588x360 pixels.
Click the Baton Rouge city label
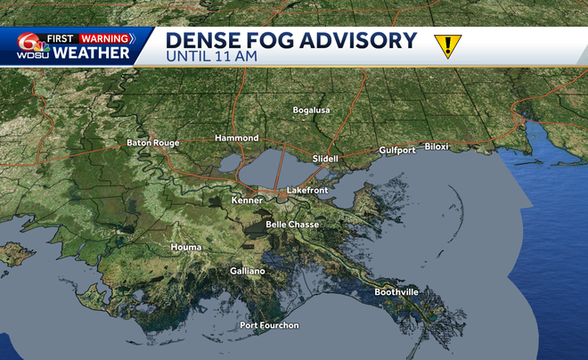[x=152, y=143]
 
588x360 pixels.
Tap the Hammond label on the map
[x=236, y=138]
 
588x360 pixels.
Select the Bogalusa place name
[x=312, y=110]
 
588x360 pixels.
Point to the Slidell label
[x=326, y=158]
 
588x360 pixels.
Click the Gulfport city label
[x=397, y=150]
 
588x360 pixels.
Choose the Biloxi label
[x=437, y=145]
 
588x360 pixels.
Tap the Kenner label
[x=247, y=200]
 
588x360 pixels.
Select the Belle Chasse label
[x=292, y=225]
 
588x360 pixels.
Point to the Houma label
[x=186, y=246]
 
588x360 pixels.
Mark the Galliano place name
[x=247, y=270]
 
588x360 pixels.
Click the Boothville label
[x=396, y=291]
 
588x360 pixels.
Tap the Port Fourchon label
[x=269, y=325]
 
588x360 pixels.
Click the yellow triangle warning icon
[x=444, y=45]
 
